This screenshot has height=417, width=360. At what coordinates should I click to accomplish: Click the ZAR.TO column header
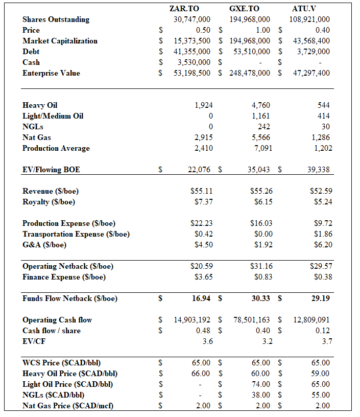coord(184,9)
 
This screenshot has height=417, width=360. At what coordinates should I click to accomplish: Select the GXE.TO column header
coord(245,9)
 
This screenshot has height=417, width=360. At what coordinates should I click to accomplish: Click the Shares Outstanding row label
coord(56,19)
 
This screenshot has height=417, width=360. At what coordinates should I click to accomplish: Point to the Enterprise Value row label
coord(51,73)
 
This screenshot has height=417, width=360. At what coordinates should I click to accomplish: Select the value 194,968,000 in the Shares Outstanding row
coord(250,19)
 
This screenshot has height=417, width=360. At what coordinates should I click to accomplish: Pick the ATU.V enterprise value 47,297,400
coord(309,73)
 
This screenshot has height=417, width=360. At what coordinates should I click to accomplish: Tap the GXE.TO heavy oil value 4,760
coord(261,105)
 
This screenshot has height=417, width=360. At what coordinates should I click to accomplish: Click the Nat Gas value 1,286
coord(321,137)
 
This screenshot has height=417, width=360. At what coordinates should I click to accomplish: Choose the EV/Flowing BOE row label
coord(51,170)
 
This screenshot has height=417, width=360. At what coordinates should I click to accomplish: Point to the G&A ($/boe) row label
coord(44,245)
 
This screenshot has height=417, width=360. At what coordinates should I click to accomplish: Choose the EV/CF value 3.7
coord(326,341)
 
